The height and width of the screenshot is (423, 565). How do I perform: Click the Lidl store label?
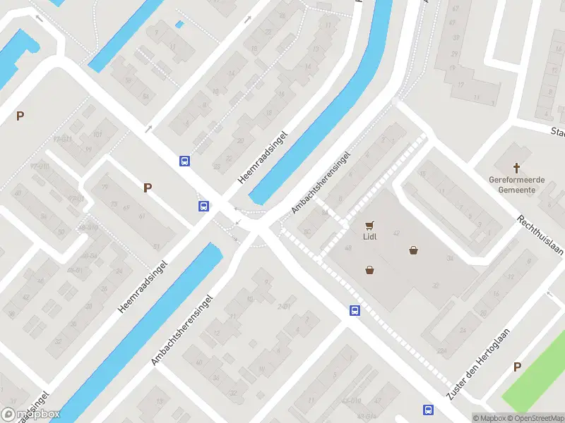click(x=369, y=236)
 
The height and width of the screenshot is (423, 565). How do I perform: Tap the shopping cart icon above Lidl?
click(x=369, y=226)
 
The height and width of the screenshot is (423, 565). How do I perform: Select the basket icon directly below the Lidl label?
click(x=369, y=270)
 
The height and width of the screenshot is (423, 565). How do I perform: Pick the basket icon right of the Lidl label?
click(x=413, y=250)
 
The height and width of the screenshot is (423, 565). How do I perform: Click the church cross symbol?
click(x=517, y=168)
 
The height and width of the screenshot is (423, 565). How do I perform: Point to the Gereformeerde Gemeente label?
click(x=517, y=185)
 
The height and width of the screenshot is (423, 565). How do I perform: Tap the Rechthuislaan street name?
click(x=540, y=236)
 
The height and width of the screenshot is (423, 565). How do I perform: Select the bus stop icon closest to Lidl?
click(x=355, y=310)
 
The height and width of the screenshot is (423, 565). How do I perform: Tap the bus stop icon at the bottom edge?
click(x=428, y=410)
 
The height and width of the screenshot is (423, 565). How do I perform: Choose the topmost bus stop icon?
click(x=185, y=161)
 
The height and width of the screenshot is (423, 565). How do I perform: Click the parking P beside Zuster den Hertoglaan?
click(x=517, y=367)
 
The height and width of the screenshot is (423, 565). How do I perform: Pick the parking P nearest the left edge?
click(x=20, y=116)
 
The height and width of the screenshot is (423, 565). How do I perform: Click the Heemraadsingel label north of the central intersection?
click(x=264, y=157)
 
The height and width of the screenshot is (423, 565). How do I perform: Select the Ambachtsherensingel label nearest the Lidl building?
click(x=321, y=182)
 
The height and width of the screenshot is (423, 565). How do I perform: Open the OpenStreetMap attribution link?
click(x=537, y=418)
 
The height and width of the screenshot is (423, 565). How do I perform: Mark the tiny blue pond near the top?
click(x=179, y=25)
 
